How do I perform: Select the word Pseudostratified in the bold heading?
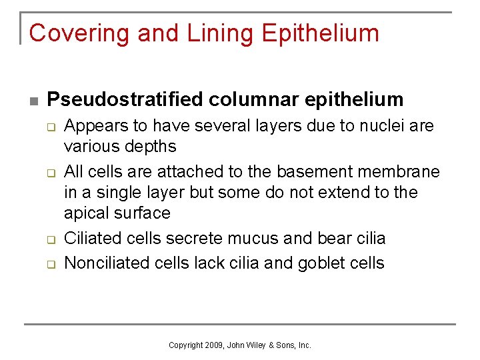pyautogui.click(x=126, y=99)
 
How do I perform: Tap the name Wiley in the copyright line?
pyautogui.click(x=256, y=345)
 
